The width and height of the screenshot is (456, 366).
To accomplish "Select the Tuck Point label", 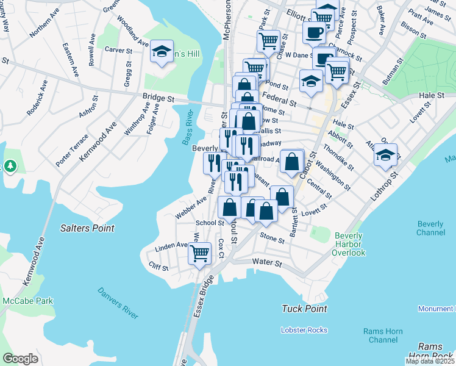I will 305,309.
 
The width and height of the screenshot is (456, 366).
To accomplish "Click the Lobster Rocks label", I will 304,330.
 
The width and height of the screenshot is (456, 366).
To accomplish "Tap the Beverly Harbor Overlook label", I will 349,244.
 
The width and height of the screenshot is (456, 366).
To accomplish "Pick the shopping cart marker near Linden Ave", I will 199,253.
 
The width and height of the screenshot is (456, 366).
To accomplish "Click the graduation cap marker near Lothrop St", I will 385,155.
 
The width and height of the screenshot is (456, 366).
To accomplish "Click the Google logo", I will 20,359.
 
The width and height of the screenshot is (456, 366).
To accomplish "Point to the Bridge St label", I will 159,97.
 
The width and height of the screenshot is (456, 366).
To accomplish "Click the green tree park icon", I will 10,166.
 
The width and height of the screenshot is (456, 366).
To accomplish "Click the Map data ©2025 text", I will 430,361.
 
